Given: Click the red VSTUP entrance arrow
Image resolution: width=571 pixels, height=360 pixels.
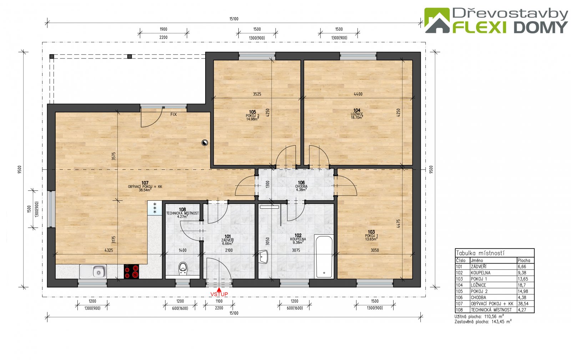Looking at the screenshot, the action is click(219, 290).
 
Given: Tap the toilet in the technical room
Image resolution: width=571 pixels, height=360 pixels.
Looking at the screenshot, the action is click(182, 268).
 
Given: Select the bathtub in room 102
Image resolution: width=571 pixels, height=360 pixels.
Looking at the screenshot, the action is click(324, 256).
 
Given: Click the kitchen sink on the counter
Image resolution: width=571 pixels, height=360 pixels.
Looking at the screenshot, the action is click(93, 271).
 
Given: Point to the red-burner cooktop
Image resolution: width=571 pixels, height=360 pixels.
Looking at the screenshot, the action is click(132, 271).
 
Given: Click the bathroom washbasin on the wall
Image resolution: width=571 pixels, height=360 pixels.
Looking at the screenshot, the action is click(263, 257).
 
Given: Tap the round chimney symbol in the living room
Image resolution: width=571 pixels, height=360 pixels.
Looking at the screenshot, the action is click(205, 142).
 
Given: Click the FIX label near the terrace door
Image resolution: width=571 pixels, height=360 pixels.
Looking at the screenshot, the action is click(173, 115).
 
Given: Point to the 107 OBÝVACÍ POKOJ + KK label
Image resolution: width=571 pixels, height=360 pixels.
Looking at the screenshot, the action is click(145, 186).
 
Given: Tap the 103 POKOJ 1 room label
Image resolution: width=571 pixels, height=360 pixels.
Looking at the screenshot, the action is click(372, 235).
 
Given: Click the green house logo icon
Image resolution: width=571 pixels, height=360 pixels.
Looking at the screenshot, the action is click(437, 20).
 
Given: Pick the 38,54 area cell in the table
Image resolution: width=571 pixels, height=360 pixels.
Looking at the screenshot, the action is click(523, 304).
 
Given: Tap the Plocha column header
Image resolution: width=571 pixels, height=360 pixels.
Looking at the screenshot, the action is click(524, 260).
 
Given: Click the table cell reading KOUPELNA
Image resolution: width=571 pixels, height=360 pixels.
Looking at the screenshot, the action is click(480, 272).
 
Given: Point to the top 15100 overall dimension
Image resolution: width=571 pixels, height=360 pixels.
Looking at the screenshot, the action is click(234, 19).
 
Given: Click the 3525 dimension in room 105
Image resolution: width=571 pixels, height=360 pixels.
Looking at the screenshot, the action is click(257, 94).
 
